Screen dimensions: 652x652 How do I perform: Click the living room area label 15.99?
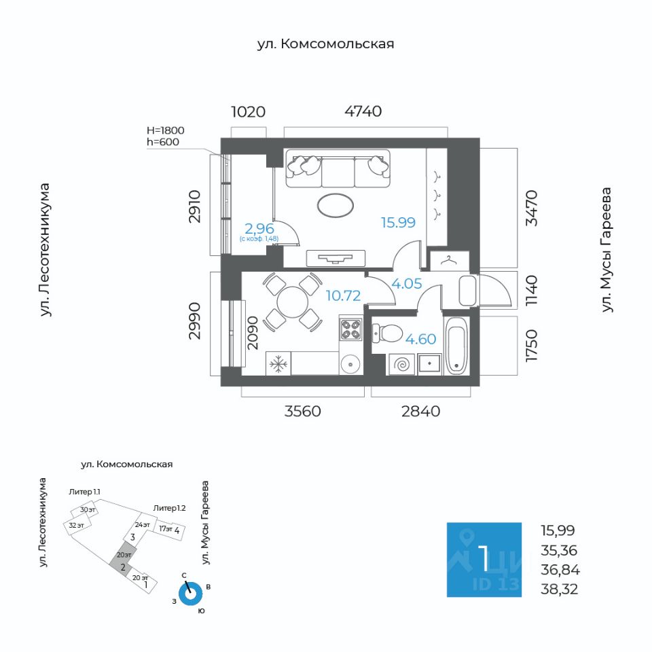point(398,223)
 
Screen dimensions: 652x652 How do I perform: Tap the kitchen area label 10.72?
point(342,295)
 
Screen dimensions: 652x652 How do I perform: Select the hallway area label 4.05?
point(407,284)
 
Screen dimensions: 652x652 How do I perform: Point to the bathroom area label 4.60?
point(420,339)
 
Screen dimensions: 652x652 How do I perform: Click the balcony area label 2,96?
point(259,228)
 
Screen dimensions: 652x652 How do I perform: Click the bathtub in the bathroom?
point(456,346)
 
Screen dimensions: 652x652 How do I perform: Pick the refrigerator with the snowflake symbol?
point(278,364)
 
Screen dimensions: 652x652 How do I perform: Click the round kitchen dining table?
point(293,302)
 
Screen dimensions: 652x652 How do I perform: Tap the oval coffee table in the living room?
point(335,205)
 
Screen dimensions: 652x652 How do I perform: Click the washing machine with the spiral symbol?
point(401,365)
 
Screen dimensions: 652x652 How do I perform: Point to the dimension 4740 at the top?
point(363,111)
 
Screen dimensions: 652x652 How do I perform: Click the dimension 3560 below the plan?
point(302,412)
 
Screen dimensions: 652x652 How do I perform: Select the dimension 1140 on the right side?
point(532,291)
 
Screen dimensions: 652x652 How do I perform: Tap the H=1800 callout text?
point(165,130)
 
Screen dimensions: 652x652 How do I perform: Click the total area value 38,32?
point(559,589)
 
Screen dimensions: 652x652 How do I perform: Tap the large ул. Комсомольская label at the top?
point(325,43)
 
